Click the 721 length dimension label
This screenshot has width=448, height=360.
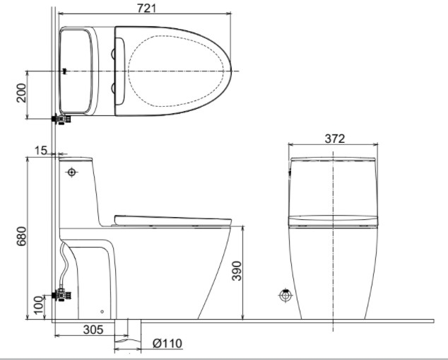pos(146,8)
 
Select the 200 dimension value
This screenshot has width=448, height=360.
pos(21,93)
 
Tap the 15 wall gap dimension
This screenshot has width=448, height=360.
pos(42,151)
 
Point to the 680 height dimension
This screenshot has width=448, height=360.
pos(21,236)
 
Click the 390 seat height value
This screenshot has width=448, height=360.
pos(237,271)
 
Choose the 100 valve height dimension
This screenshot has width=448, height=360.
pos(38,305)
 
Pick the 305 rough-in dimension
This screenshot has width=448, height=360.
pos(93,330)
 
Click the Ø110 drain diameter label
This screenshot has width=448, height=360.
pos(167,343)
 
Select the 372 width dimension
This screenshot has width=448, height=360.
pos(335,139)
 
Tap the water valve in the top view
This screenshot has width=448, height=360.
pos(61,119)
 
